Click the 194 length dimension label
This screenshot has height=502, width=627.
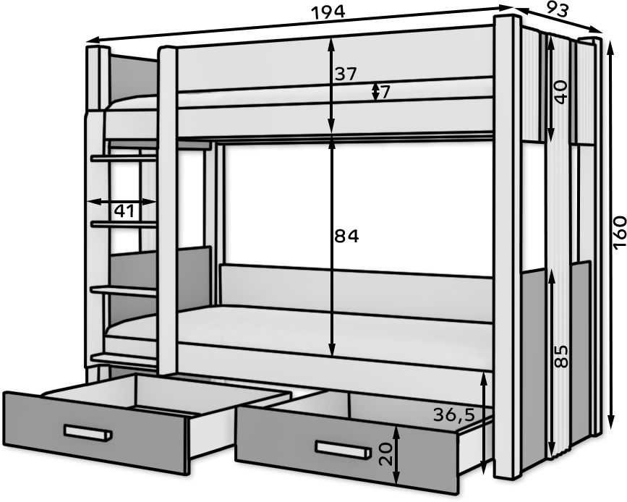(x=328, y=12)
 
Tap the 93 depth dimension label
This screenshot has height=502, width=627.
(x=557, y=10)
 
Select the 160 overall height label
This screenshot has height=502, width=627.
(x=619, y=232)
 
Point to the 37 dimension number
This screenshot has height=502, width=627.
(x=345, y=75)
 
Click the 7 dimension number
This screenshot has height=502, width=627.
(x=385, y=93)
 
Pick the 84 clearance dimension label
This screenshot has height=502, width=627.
(x=346, y=237)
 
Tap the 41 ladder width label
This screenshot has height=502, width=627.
(x=124, y=210)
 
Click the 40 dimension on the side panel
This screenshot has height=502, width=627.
(x=560, y=92)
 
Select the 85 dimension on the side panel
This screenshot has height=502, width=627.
(x=561, y=356)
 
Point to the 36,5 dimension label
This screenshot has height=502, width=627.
(x=454, y=416)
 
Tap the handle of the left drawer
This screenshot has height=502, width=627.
(x=88, y=433)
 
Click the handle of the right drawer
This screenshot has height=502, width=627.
(x=342, y=449)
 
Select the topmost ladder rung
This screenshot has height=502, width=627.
(x=124, y=159)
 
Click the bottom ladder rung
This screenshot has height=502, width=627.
(x=124, y=359)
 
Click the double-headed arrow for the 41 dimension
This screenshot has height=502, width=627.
(x=121, y=202)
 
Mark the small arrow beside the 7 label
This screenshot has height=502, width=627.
(x=375, y=92)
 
